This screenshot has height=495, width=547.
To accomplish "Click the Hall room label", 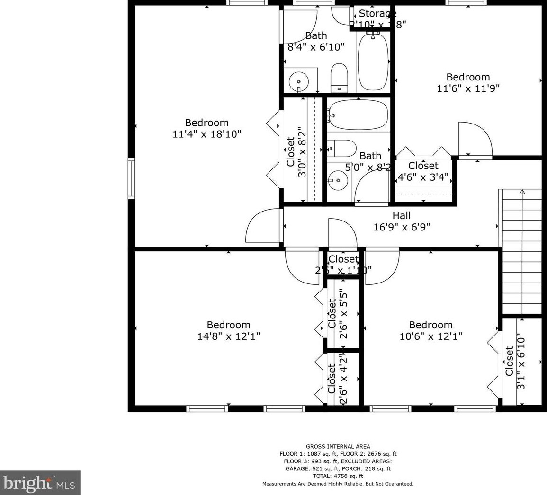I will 401,216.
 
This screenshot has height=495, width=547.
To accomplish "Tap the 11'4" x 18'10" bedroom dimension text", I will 207,134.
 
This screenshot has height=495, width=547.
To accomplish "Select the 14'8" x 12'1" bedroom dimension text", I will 228,336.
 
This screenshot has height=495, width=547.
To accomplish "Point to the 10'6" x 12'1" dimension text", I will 430,336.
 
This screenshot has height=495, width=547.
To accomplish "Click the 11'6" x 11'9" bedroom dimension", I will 468,88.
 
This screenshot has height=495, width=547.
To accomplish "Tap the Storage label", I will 377,13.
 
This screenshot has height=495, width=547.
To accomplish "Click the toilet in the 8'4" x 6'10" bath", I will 339,78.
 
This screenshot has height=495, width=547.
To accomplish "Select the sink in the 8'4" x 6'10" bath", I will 299,81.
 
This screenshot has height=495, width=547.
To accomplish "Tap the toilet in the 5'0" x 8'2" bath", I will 341,149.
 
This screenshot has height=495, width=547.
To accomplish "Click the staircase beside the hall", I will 521,251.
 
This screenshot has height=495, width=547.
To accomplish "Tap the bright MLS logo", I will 40,483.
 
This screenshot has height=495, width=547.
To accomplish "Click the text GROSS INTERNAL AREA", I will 338,446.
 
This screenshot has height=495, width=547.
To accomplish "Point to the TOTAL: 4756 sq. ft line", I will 338,476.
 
